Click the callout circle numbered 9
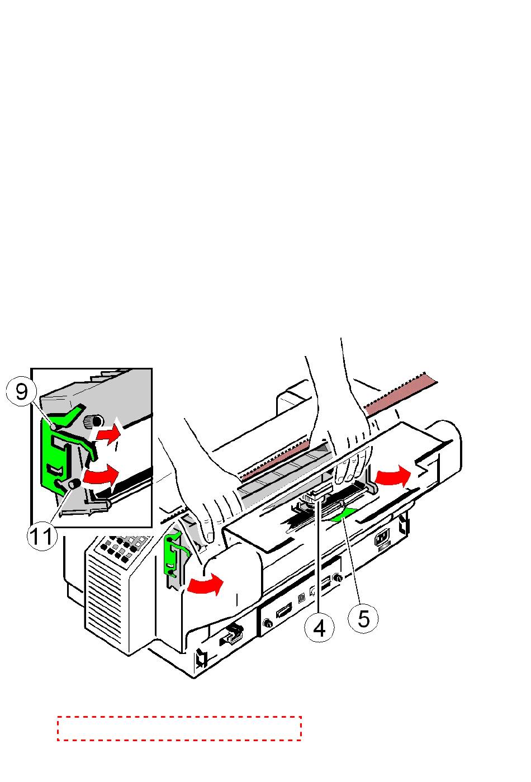[x=21, y=391]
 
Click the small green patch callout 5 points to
[x=343, y=515]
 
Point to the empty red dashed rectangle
[x=179, y=728]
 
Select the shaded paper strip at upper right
[x=401, y=394]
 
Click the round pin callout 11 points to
[x=74, y=484]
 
